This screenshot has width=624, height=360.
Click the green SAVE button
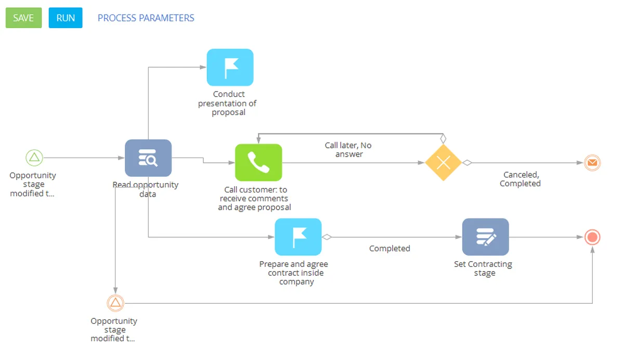pyautogui.click(x=23, y=18)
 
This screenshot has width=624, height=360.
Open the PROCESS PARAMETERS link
pyautogui.click(x=146, y=18)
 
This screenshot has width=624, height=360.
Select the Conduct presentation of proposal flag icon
pyautogui.click(x=230, y=67)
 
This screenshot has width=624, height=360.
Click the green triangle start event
pyautogui.click(x=34, y=157)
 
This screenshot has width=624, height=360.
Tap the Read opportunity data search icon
pyautogui.click(x=148, y=158)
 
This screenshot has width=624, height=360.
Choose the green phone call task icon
pyautogui.click(x=258, y=162)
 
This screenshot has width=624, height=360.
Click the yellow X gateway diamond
pyautogui.click(x=443, y=163)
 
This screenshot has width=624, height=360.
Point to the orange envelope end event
pyautogui.click(x=592, y=163)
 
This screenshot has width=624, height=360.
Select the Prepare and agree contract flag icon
pyautogui.click(x=298, y=237)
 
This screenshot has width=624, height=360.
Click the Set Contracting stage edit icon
pyautogui.click(x=485, y=237)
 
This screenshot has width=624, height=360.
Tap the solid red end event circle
pyautogui.click(x=592, y=237)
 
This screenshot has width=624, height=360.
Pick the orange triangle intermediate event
pyautogui.click(x=115, y=303)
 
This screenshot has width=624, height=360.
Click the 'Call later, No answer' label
pyautogui.click(x=348, y=150)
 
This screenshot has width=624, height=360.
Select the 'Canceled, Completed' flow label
pyautogui.click(x=520, y=179)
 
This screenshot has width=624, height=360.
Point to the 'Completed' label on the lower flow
pyautogui.click(x=389, y=249)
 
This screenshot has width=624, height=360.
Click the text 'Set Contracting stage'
pyautogui.click(x=483, y=268)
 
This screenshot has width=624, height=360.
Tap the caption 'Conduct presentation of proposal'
pyautogui.click(x=228, y=103)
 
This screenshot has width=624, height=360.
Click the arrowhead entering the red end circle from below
pyautogui.click(x=592, y=250)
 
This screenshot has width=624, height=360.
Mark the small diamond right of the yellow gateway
pyautogui.click(x=467, y=163)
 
